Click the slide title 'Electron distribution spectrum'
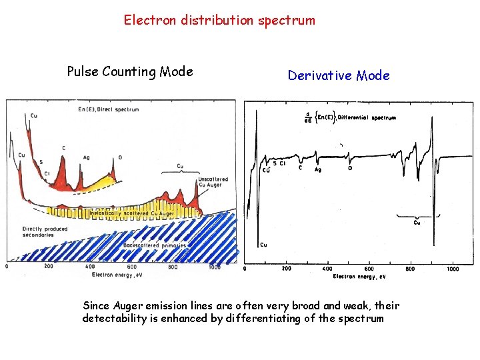tap(219, 20)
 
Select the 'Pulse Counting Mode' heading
tap(130, 71)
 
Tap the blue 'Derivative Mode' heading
tap(339, 75)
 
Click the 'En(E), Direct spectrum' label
tap(108, 109)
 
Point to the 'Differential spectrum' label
tap(367, 118)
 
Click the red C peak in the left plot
tap(65, 163)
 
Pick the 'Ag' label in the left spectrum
tap(87, 157)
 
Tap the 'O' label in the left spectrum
tap(120, 157)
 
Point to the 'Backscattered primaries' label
tap(150, 245)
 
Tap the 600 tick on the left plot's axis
tap(132, 267)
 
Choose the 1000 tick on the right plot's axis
tap(453, 269)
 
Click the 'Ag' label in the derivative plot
tap(318, 170)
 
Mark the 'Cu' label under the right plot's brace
tap(417, 223)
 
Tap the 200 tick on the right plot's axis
tap(287, 269)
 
